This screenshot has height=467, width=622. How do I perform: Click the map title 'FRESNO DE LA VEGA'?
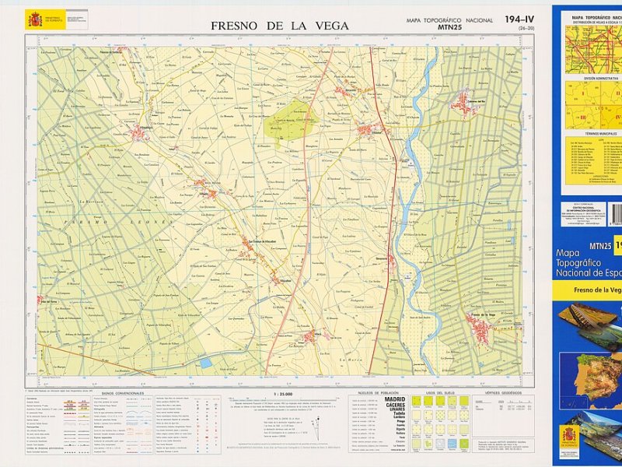(x=280, y=26)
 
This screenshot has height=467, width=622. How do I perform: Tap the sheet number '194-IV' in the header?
(x=519, y=19)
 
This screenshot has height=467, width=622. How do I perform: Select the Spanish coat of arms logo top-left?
(x=35, y=19)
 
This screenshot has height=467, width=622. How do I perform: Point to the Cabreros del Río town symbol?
(x=465, y=102)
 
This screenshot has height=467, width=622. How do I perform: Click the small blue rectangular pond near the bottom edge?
(x=204, y=363)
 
